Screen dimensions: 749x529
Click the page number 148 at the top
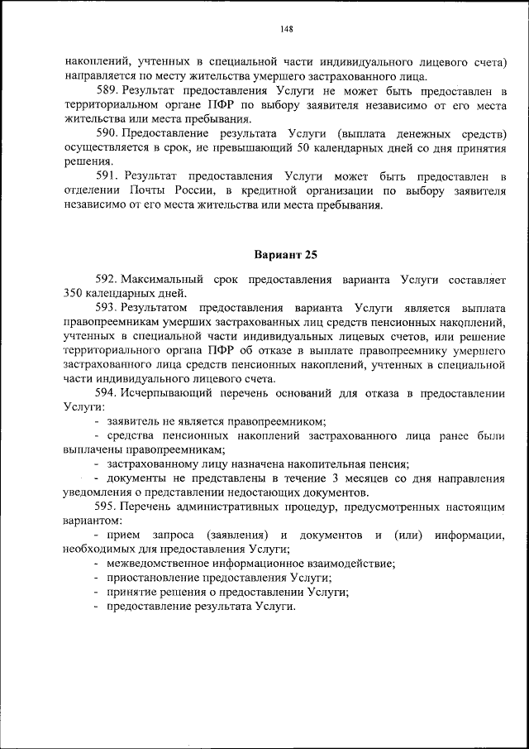coord(287,30)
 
